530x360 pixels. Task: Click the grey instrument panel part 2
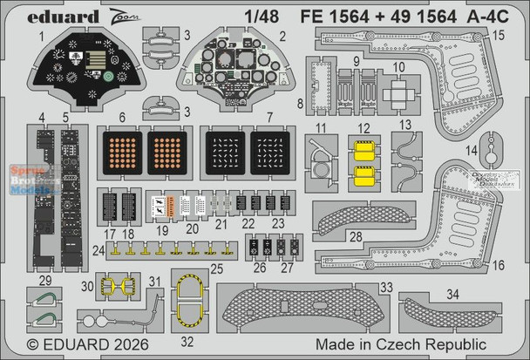pos(231,65)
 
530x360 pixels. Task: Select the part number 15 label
pos(512,36)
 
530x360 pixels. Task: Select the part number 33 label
pos(360,286)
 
